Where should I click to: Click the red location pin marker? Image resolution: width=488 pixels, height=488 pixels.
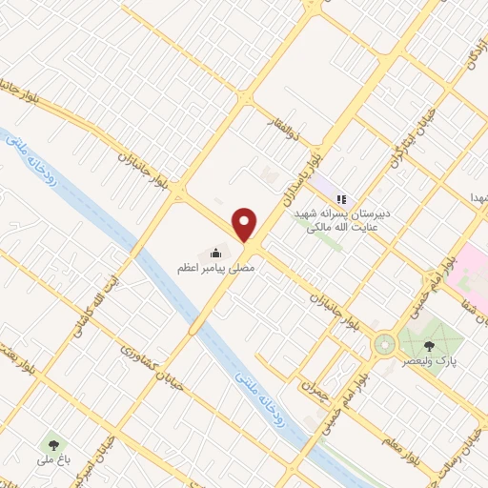point(246,224)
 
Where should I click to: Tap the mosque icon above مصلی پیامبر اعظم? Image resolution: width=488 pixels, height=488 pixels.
point(215,253)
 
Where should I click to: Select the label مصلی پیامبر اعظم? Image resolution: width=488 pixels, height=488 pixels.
point(216,269)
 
